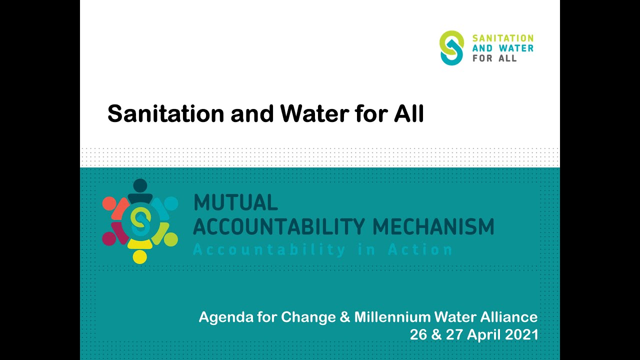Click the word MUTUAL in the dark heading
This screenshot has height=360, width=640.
coord(235,202)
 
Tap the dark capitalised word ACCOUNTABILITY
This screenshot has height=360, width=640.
coord(279,226)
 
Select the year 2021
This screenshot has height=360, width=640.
coord(522,334)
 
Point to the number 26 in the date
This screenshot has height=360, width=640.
coord(418,334)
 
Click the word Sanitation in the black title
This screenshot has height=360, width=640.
coord(165,114)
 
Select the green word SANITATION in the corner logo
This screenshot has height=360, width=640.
coord(503,38)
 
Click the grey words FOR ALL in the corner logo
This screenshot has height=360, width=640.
coord(494,58)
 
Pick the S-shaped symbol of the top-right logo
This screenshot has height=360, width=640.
coord(451,47)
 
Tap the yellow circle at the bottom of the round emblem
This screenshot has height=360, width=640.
coord(139,256)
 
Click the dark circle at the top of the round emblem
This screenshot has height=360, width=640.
coord(140,185)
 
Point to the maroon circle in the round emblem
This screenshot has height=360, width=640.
coord(109,238)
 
